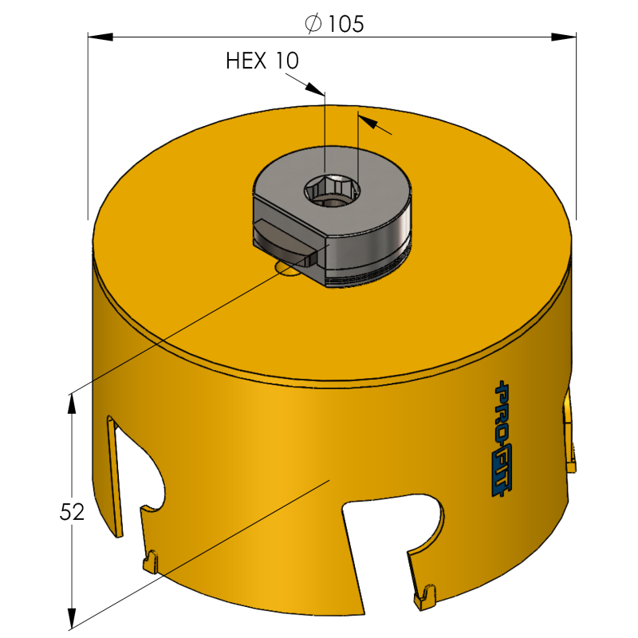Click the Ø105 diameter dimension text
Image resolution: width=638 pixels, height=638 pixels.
pos(334,25)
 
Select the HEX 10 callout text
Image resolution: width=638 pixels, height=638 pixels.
pos(263,61)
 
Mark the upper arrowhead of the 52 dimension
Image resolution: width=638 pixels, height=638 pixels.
pos(73,404)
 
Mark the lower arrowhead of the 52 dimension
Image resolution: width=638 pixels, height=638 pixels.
pos(73,617)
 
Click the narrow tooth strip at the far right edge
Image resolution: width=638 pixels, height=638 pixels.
pos(569,435)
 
